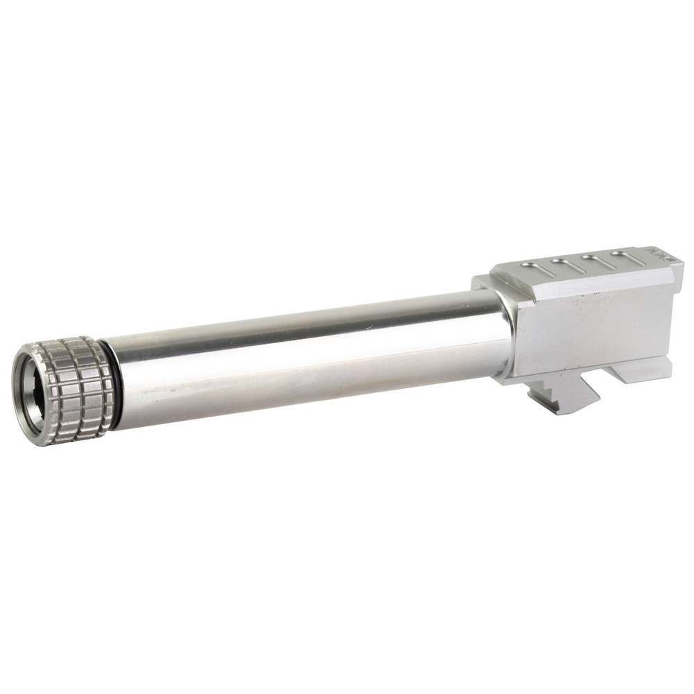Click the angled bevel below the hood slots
pyautogui.click(x=589, y=281)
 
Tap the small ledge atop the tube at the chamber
pyautogui.click(x=485, y=283)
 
